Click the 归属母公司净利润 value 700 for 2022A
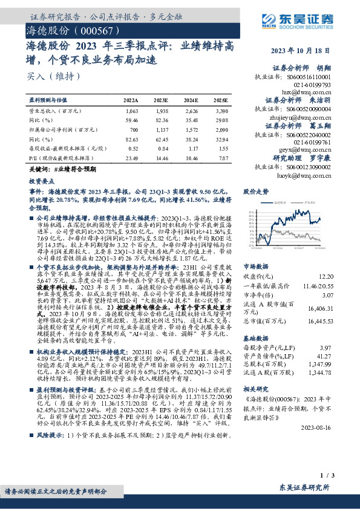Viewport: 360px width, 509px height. coord(134,129)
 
